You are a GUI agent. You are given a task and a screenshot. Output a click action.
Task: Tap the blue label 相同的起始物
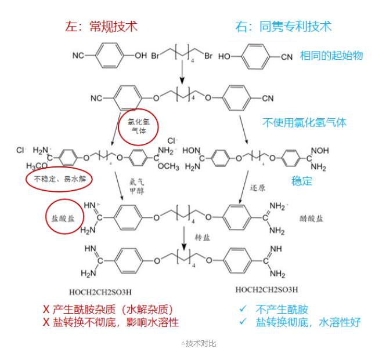coord(331,55)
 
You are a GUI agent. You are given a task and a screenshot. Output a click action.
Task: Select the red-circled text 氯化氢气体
coord(138,126)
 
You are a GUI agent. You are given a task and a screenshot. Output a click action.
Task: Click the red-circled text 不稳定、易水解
coord(59,179)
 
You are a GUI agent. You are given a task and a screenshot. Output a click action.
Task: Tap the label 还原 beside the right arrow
coord(257,188)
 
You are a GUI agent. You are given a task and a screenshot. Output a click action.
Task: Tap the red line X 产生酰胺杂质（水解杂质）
coord(108,310)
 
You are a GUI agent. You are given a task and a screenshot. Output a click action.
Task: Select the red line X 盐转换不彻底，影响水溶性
coord(110,322)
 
